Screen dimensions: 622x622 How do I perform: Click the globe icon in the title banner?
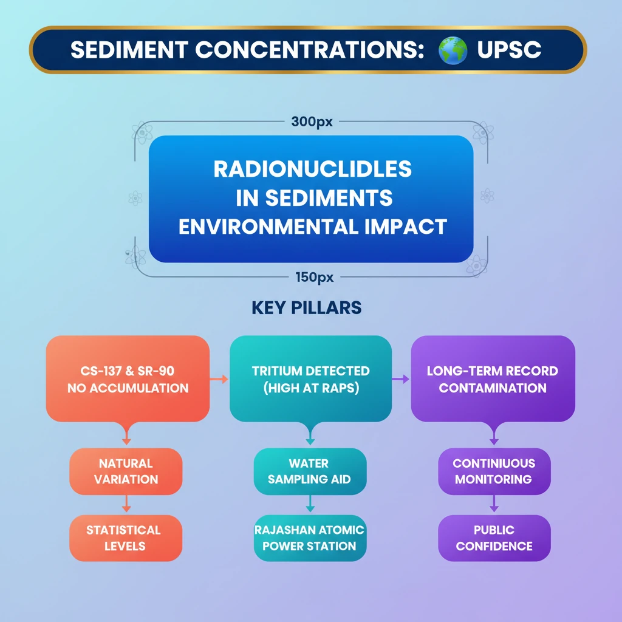453,50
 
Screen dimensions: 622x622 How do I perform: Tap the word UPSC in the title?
509,50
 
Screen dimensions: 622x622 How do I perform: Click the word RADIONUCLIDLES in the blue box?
312,169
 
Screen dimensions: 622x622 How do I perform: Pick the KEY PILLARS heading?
306,308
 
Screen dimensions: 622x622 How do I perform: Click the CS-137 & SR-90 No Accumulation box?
128,379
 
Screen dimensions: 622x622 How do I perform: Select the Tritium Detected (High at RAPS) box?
310,379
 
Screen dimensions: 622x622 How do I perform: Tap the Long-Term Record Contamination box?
493,379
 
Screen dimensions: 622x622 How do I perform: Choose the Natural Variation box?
126,471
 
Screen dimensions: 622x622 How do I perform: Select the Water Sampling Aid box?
310,471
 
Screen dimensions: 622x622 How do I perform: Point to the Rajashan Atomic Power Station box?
310,538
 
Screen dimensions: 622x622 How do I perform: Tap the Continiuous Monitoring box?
494,471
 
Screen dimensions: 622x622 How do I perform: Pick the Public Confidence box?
494,538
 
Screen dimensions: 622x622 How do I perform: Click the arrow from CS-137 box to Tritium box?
219,379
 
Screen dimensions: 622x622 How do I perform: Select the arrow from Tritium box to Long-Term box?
402,379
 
